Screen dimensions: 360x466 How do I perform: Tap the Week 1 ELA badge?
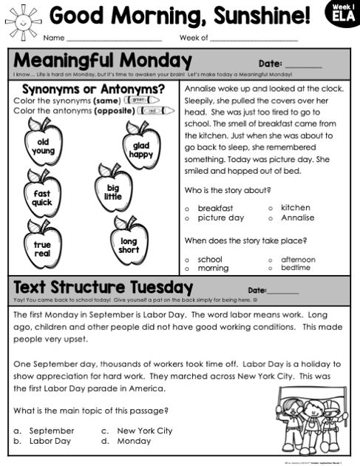341,14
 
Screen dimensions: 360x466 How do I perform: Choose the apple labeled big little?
112,191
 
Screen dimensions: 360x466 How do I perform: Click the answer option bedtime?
296,268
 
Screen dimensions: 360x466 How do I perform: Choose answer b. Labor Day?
44,440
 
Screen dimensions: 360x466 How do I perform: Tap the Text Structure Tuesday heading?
103,287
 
